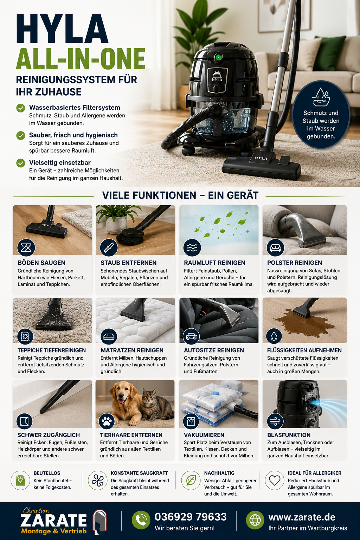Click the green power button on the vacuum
(x=218, y=57)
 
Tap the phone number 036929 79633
(x=191, y=517)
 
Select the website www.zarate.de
(x=302, y=517)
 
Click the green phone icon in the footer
(x=141, y=520)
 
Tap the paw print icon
(x=107, y=421)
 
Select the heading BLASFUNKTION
(x=289, y=435)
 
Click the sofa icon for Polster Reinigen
(x=275, y=247)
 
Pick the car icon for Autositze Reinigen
(x=191, y=336)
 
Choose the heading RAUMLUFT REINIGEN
(x=214, y=263)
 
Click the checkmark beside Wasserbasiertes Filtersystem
(x=21, y=108)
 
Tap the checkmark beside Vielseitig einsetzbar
(x=21, y=163)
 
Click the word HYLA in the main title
(x=62, y=29)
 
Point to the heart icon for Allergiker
(x=275, y=480)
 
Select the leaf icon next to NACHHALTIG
(x=191, y=480)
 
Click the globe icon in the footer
(x=255, y=520)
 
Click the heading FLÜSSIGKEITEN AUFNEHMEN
(x=304, y=350)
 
